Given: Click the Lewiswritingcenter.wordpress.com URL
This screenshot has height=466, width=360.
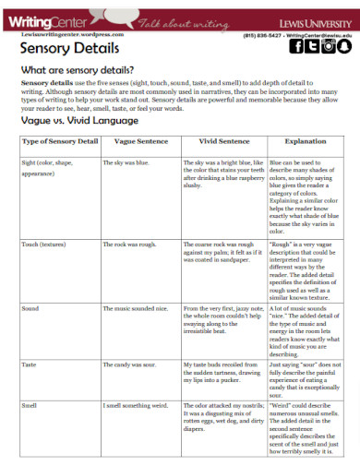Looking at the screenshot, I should [x=56, y=32].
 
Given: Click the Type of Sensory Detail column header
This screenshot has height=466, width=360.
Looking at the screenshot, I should [x=59, y=141].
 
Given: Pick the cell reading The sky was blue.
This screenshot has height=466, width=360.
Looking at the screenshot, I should [x=125, y=161].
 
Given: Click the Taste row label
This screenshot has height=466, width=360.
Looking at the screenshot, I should [x=30, y=364].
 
